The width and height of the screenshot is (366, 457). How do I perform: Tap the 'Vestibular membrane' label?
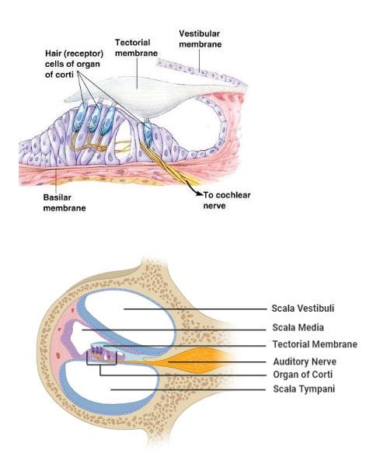pyautogui.click(x=200, y=39)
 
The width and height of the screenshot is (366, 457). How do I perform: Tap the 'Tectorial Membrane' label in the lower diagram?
pyautogui.click(x=315, y=344)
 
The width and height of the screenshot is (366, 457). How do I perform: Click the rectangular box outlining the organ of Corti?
pyautogui.click(x=102, y=357)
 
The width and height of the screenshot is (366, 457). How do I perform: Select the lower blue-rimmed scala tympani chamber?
pyautogui.click(x=117, y=389)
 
